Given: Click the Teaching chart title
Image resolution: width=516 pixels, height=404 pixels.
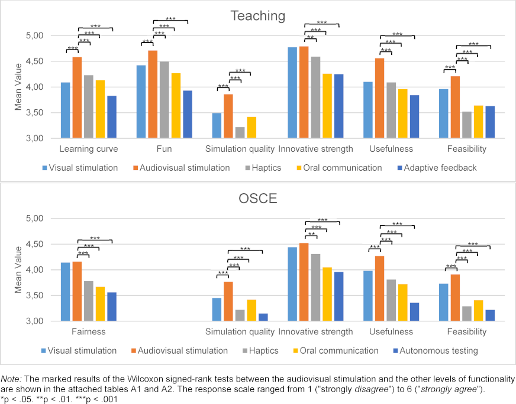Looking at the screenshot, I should click(257, 15).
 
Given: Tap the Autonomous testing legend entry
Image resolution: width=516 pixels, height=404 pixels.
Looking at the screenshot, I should click(437, 351).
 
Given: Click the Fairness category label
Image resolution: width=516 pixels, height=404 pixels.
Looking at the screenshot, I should click(88, 332).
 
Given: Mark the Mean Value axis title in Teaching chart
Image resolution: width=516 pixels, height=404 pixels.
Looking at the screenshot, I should click(18, 87).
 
